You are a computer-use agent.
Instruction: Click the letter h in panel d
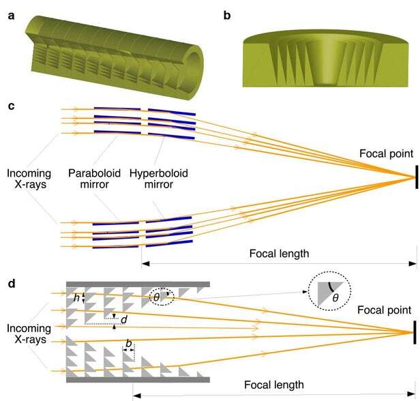(x=77, y=297)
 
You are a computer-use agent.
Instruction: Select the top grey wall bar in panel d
(x=137, y=282)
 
